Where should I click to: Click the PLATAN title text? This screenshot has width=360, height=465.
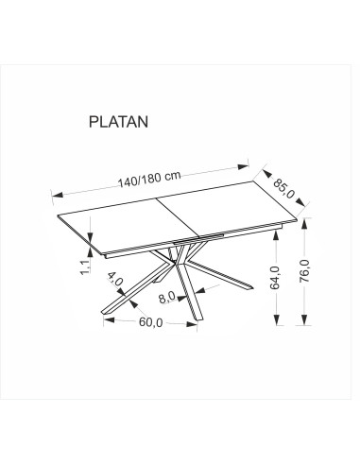pos(118,122)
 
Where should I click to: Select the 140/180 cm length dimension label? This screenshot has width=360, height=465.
pos(149,180)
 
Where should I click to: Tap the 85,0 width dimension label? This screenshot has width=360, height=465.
pos(283,188)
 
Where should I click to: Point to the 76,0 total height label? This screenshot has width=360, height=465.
pos(305,271)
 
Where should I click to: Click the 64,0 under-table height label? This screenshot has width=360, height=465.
pos(275,278)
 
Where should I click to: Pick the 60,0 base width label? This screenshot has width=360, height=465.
pos(150,322)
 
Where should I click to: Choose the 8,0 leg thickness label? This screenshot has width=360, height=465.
pos(166,297)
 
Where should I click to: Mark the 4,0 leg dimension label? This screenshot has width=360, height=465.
pos(115,279)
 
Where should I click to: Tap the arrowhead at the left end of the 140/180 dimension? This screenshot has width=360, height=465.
pos(58,195)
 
